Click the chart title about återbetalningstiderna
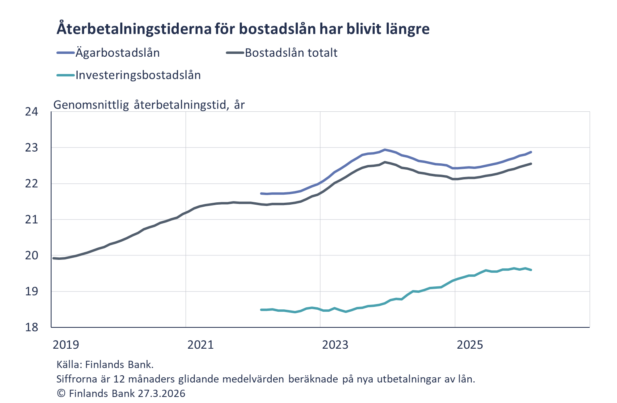[x=243, y=29]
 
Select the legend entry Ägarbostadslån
[x=118, y=53]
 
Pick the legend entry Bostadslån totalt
[x=291, y=53]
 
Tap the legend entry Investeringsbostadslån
[x=138, y=75]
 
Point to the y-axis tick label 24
[x=31, y=112]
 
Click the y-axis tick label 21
[x=31, y=220]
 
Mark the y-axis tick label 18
[x=31, y=327]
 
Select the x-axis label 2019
[x=66, y=345]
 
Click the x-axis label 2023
[x=335, y=345]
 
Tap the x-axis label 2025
[x=470, y=345]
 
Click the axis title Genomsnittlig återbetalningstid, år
[x=149, y=105]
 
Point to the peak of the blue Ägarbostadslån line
[x=385, y=150]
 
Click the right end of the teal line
[x=531, y=270]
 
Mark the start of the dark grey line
[x=54, y=258]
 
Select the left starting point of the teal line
[x=261, y=310]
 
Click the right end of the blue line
[x=531, y=152]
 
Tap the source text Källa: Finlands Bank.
[x=105, y=365]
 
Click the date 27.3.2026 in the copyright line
[x=161, y=393]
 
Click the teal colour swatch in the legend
[x=66, y=75]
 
